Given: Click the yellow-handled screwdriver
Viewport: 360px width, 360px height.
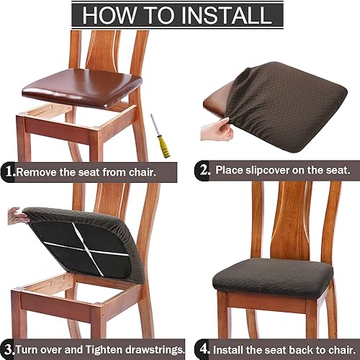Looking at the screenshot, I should click(163, 136).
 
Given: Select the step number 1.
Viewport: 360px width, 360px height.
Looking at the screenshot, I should click(8, 171).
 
